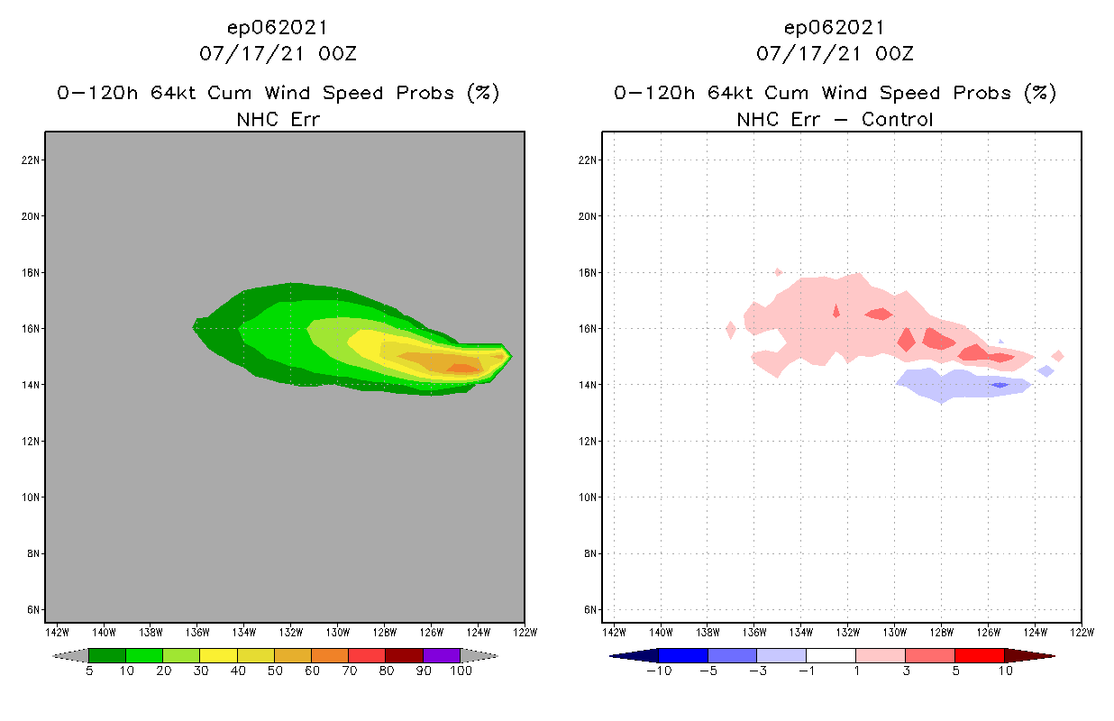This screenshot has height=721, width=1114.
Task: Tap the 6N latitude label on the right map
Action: pyautogui.click(x=589, y=609)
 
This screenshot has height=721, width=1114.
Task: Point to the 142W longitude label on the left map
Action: pyautogui.click(x=57, y=631)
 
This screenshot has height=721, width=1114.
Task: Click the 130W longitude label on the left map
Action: pyautogui.click(x=337, y=631)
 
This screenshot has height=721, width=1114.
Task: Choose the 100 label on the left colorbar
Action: pyautogui.click(x=461, y=671)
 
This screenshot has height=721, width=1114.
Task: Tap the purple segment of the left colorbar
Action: pyautogui.click(x=442, y=655)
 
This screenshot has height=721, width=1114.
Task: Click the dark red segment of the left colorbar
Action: pyautogui.click(x=405, y=655)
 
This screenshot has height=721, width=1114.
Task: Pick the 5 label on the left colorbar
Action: pyautogui.click(x=89, y=671)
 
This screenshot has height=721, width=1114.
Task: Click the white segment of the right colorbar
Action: pyautogui.click(x=830, y=655)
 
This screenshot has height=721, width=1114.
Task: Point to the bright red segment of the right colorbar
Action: pyautogui.click(x=979, y=655)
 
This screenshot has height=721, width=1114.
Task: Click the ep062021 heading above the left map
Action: pyautogui.click(x=278, y=28)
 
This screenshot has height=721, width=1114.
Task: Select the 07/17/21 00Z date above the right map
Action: pyautogui.click(x=835, y=54)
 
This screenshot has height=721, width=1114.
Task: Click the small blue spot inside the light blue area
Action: pyautogui.click(x=1000, y=385)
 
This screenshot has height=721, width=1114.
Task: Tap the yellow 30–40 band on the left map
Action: pyautogui.click(x=365, y=345)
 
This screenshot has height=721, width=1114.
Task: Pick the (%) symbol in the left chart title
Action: pyautogui.click(x=483, y=93)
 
